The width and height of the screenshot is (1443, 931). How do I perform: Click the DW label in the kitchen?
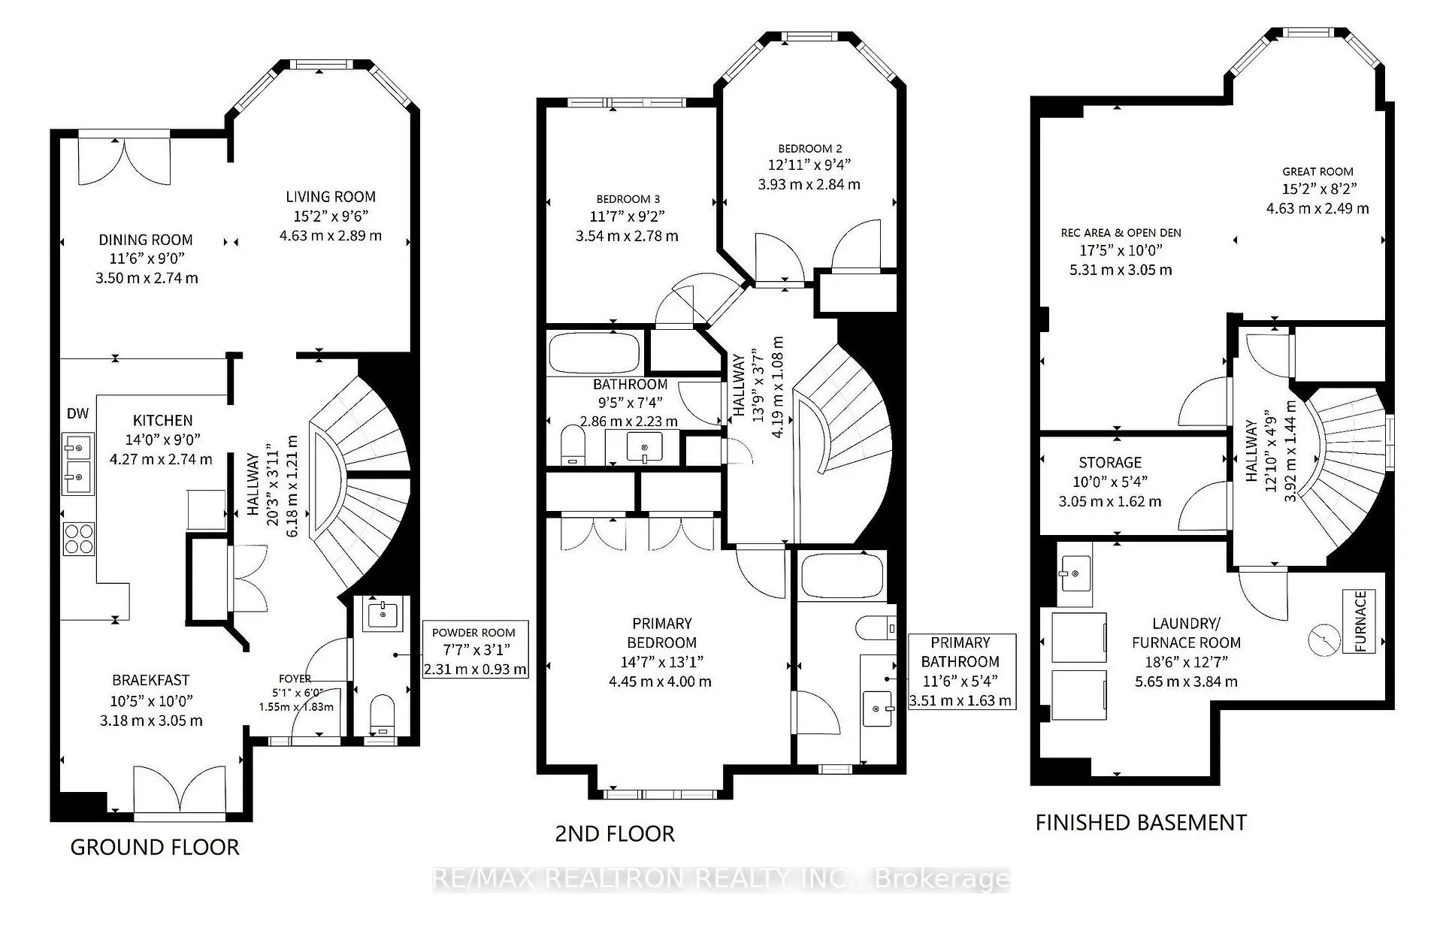click(x=78, y=413)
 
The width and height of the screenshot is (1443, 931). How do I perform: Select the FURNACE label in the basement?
click(x=1360, y=621)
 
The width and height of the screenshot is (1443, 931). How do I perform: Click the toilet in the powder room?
click(x=383, y=715)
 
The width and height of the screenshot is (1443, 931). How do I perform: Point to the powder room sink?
click(x=384, y=614)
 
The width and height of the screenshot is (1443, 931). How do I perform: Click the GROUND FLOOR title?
click(x=155, y=848)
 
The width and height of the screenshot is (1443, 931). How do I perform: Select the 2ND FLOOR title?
click(x=615, y=833)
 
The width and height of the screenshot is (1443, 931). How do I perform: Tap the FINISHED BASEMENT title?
click(x=1141, y=823)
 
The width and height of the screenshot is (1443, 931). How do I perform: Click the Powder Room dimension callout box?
click(x=475, y=650)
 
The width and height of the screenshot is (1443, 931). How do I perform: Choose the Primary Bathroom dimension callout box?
click(x=961, y=671)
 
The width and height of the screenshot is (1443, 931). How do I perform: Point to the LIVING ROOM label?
click(x=331, y=197)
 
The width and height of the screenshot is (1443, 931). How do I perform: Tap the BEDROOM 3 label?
click(x=628, y=199)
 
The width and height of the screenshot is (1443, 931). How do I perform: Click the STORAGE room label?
click(x=1110, y=463)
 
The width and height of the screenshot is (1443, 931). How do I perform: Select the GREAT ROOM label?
click(x=1317, y=171)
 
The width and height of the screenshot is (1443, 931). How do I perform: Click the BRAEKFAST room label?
click(x=151, y=680)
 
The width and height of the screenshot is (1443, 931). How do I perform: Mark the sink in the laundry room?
click(x=1075, y=574)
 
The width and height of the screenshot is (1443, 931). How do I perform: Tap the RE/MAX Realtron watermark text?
click(x=721, y=879)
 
